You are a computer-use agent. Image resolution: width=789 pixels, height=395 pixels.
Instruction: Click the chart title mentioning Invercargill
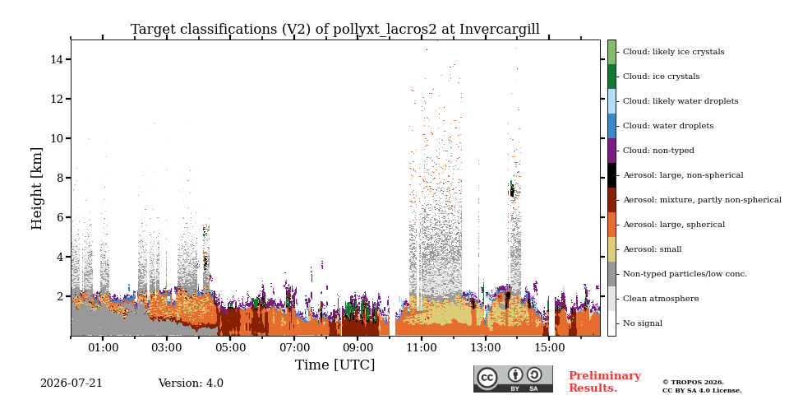pyautogui.click(x=335, y=30)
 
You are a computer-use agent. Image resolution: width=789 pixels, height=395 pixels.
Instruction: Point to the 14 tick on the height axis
pyautogui.click(x=69, y=59)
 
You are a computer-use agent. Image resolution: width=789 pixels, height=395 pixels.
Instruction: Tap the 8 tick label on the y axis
pyautogui.click(x=60, y=178)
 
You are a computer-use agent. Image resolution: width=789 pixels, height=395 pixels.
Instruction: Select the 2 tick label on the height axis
pyautogui.click(x=60, y=296)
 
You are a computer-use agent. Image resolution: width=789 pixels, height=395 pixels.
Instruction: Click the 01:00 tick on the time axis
pyautogui.click(x=103, y=338)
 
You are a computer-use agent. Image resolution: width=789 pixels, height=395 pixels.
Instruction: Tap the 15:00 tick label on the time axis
pyautogui.click(x=549, y=347)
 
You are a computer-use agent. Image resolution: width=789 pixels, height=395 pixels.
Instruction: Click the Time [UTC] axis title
pyautogui.click(x=335, y=365)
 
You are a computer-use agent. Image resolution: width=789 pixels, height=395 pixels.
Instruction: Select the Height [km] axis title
pyautogui.click(x=37, y=188)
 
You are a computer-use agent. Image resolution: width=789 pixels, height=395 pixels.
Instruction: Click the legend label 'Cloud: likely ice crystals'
pyautogui.click(x=674, y=51)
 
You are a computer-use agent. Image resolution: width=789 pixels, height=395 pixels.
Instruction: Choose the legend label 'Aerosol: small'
pyautogui.click(x=652, y=249)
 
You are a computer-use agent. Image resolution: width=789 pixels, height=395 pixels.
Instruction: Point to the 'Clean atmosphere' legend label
pyautogui.click(x=661, y=298)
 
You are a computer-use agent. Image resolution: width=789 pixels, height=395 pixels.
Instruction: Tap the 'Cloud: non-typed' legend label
pyautogui.click(x=658, y=150)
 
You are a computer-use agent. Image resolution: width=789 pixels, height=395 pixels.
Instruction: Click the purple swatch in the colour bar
pyautogui.click(x=611, y=150)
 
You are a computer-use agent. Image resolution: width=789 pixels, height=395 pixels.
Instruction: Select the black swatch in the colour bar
pyautogui.click(x=611, y=174)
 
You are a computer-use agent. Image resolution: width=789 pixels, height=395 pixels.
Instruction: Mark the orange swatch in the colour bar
pyautogui.click(x=611, y=224)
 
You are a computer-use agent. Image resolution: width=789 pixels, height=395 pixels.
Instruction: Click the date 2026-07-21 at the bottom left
pyautogui.click(x=71, y=383)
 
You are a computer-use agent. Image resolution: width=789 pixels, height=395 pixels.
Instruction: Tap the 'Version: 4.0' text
pyautogui.click(x=191, y=383)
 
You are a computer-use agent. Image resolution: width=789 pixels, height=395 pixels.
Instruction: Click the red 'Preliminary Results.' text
pyautogui.click(x=605, y=381)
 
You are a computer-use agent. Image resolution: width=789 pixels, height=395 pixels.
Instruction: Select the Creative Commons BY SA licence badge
pyautogui.click(x=513, y=379)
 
